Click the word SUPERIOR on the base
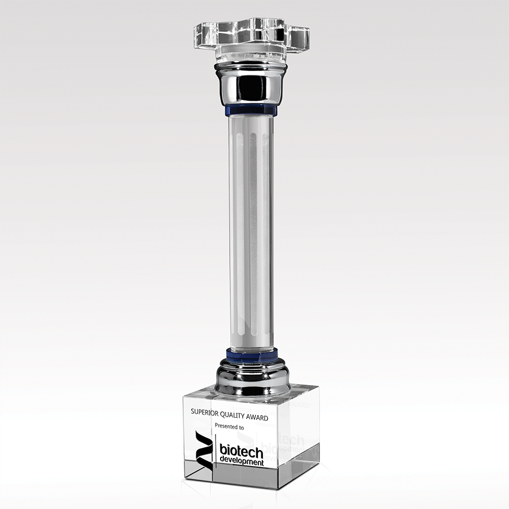point(205,412)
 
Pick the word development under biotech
point(242,461)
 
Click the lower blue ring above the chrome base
point(252,355)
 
